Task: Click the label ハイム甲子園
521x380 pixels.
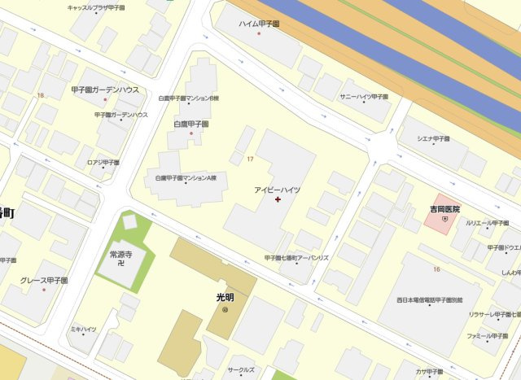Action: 260,24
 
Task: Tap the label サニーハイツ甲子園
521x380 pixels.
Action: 365,96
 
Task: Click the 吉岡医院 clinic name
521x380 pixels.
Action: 444,209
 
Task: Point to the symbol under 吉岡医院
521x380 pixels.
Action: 444,220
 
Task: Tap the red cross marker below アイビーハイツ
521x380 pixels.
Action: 278,199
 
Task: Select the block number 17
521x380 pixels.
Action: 250,159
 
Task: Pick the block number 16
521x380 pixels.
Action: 436,269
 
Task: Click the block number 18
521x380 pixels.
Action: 40,96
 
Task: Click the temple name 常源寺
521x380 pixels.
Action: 120,254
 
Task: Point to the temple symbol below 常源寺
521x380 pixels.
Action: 120,264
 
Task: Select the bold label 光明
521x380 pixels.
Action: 225,297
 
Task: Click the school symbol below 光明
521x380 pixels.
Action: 225,309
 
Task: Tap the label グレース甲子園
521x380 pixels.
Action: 44,281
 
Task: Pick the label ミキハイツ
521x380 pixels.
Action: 83,329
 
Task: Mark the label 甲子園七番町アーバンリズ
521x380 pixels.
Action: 296,258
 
